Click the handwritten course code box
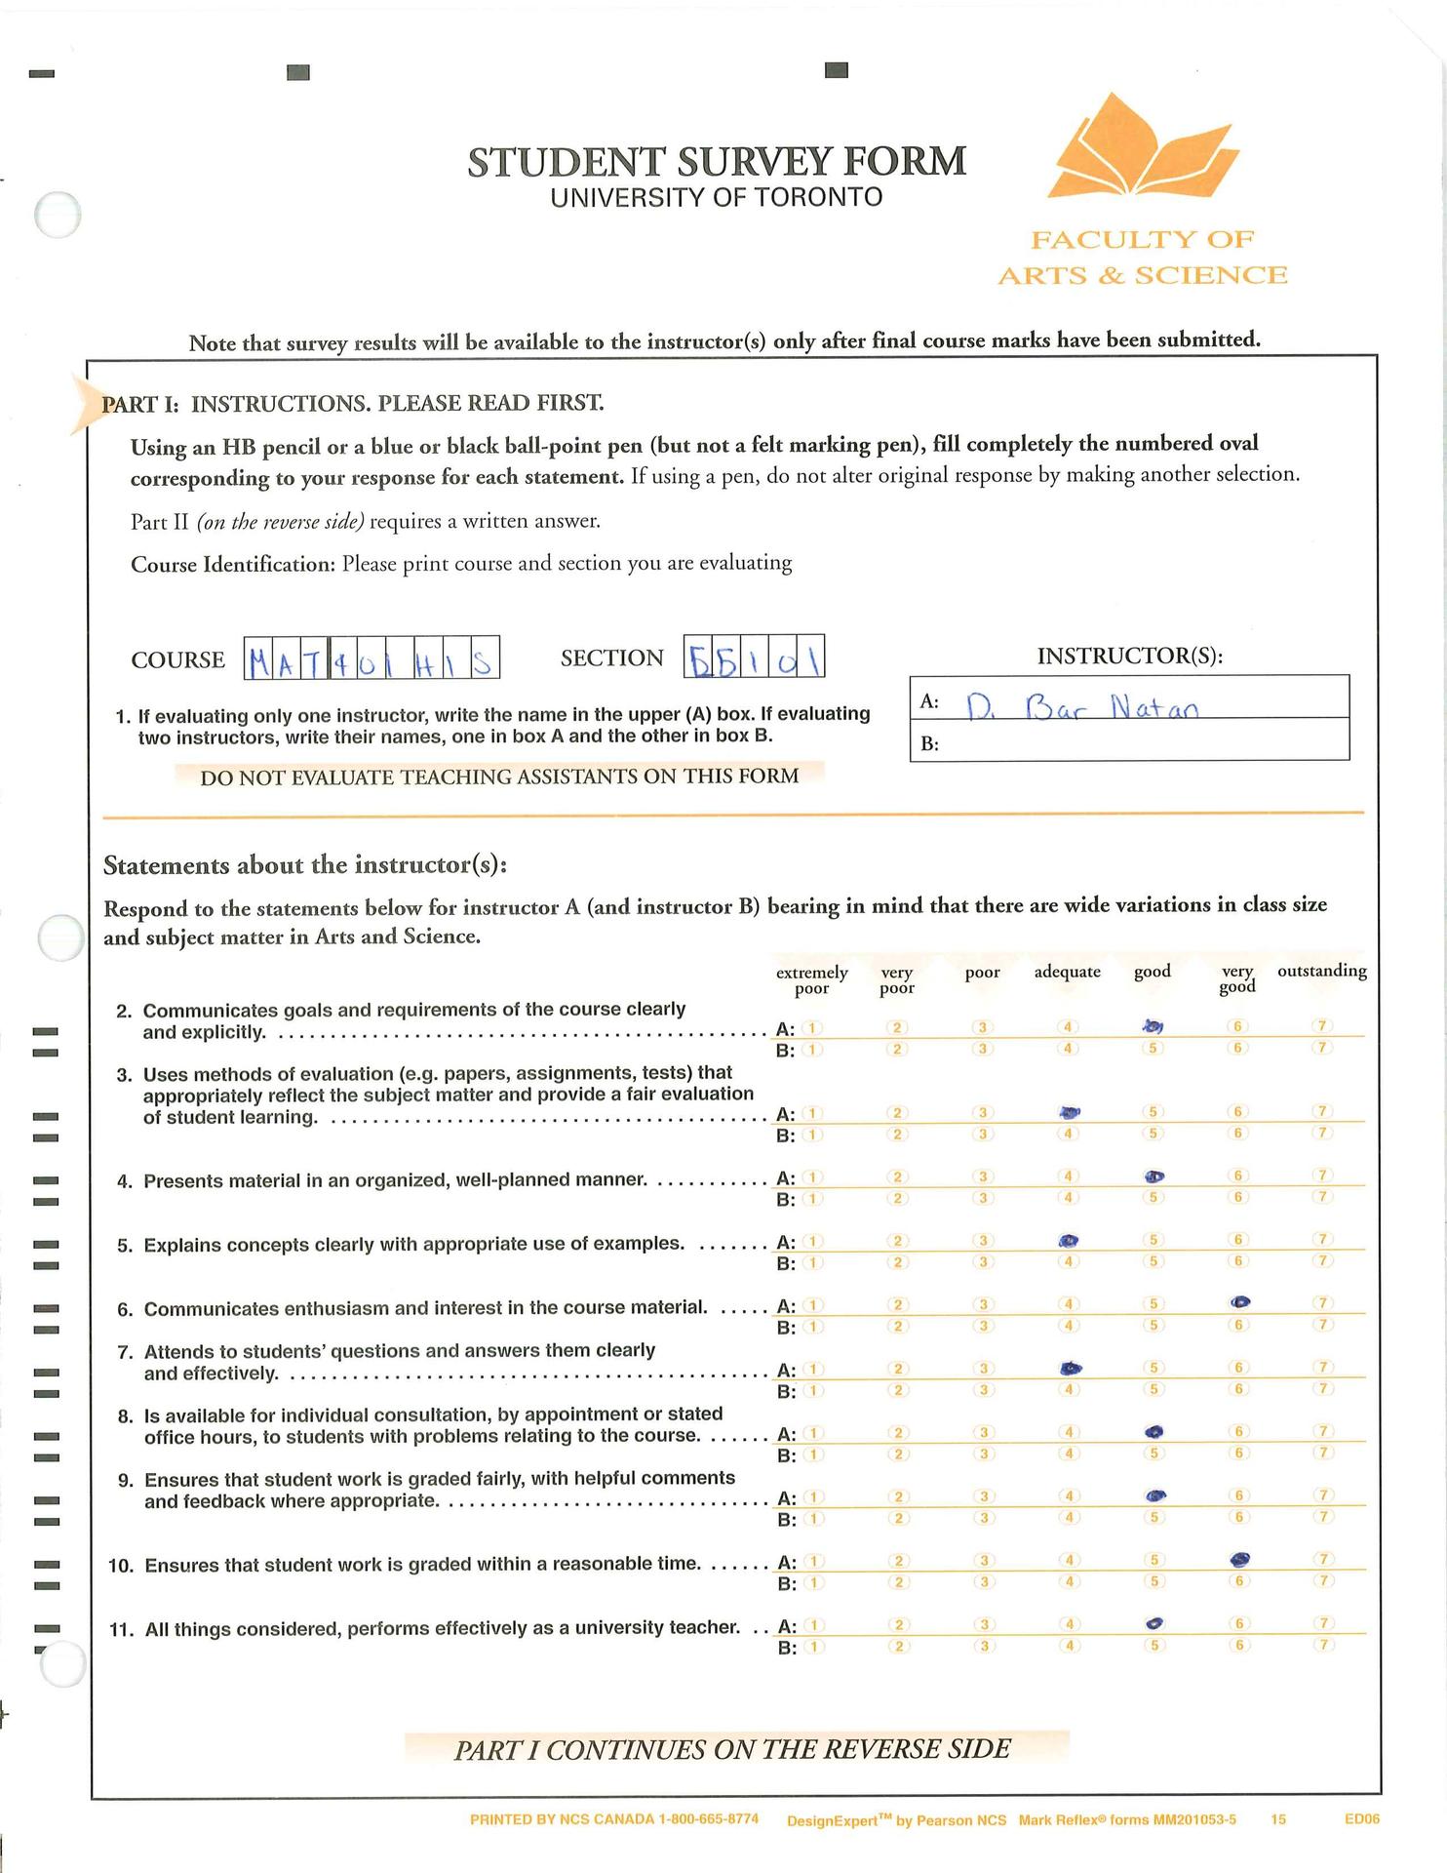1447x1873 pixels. coord(372,658)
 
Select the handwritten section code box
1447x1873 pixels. coord(755,657)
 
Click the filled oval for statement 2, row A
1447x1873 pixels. coord(1153,1026)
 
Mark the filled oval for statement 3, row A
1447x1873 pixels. coord(1070,1111)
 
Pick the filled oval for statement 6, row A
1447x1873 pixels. coord(1239,1302)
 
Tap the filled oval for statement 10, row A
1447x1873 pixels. coord(1239,1559)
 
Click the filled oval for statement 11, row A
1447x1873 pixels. coord(1154,1623)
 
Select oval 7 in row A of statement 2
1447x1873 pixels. coord(1322,1026)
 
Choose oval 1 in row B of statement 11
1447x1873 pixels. coord(813,1647)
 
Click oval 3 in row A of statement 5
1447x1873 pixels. coord(985,1241)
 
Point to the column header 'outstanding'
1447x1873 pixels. coord(1321,971)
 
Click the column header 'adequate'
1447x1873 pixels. coord(1067,972)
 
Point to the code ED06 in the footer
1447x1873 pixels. coord(1361,1819)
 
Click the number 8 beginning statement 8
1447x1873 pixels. coord(125,1415)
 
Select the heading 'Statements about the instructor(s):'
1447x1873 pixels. coord(305,865)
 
